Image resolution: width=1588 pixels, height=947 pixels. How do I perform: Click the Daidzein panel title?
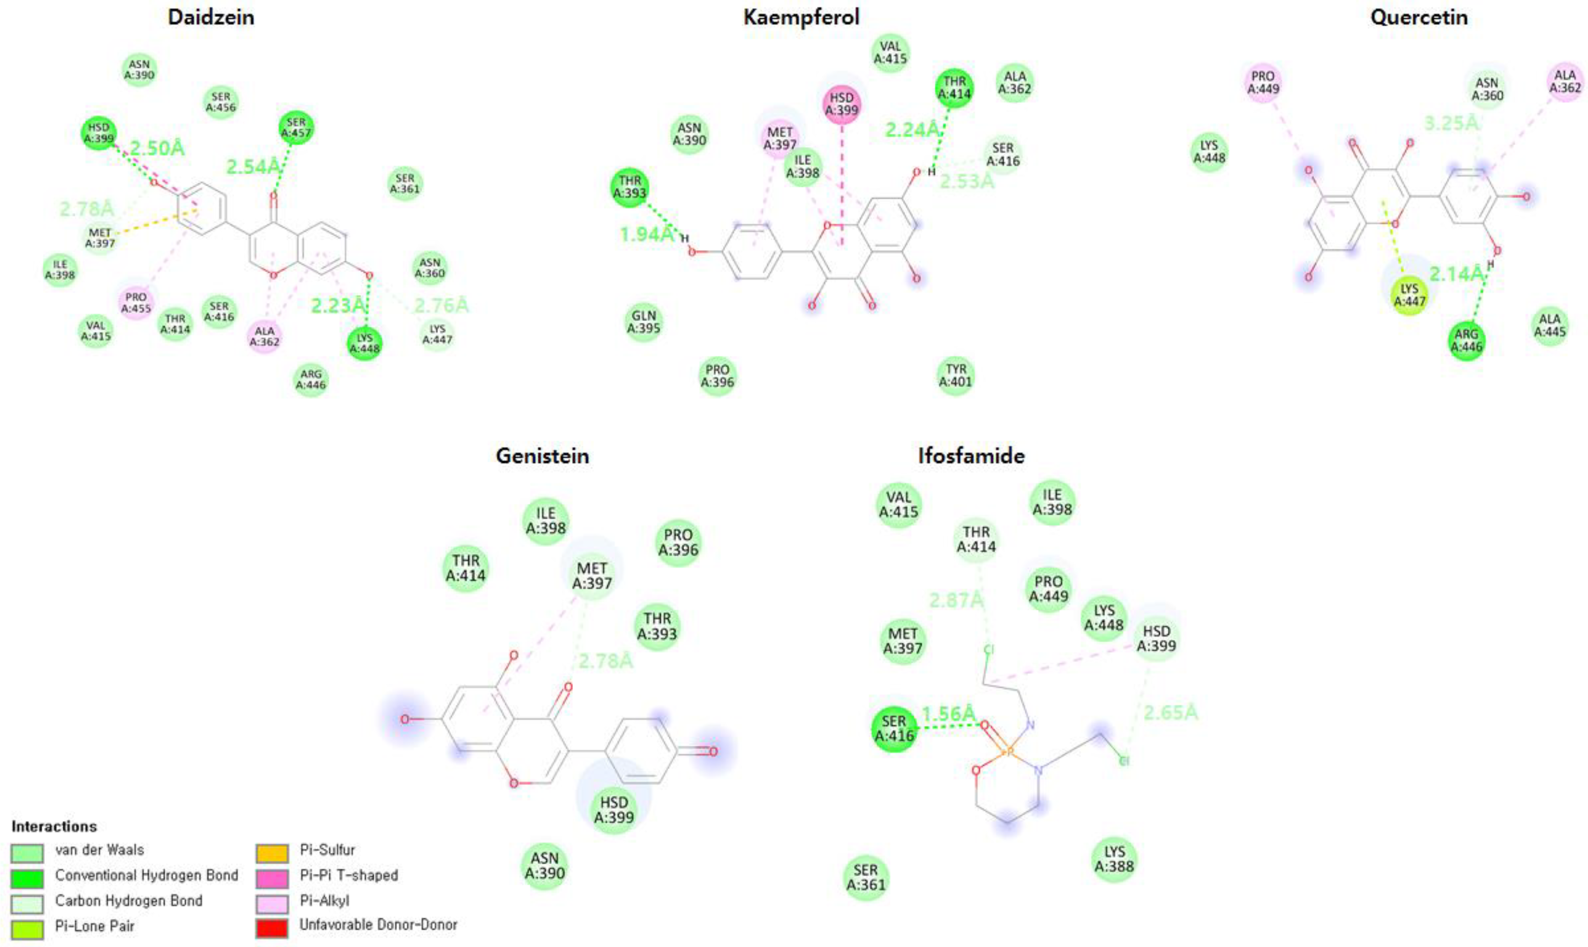pyautogui.click(x=211, y=17)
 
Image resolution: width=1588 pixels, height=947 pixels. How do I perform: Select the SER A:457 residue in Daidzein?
pyautogui.click(x=296, y=128)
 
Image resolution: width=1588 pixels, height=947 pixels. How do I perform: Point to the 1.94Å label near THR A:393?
pyautogui.click(x=647, y=234)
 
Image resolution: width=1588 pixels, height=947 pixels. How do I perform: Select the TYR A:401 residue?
pyautogui.click(x=955, y=375)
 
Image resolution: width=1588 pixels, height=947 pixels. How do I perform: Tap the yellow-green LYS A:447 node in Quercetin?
pyautogui.click(x=1409, y=295)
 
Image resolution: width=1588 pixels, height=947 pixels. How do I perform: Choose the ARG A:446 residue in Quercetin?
pyautogui.click(x=1466, y=341)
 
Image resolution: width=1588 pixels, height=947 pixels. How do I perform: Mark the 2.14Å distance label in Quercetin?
pyautogui.click(x=1456, y=274)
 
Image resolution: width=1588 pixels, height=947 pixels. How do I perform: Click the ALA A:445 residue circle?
pyautogui.click(x=1550, y=325)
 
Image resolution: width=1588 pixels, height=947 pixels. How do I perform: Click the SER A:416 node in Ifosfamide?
pyautogui.click(x=894, y=728)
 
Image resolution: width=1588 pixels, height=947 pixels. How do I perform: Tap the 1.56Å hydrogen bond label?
pyautogui.click(x=948, y=713)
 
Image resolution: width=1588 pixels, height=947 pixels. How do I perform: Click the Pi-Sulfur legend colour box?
pyautogui.click(x=272, y=853)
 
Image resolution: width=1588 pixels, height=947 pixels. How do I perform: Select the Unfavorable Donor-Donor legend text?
pyautogui.click(x=378, y=924)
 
